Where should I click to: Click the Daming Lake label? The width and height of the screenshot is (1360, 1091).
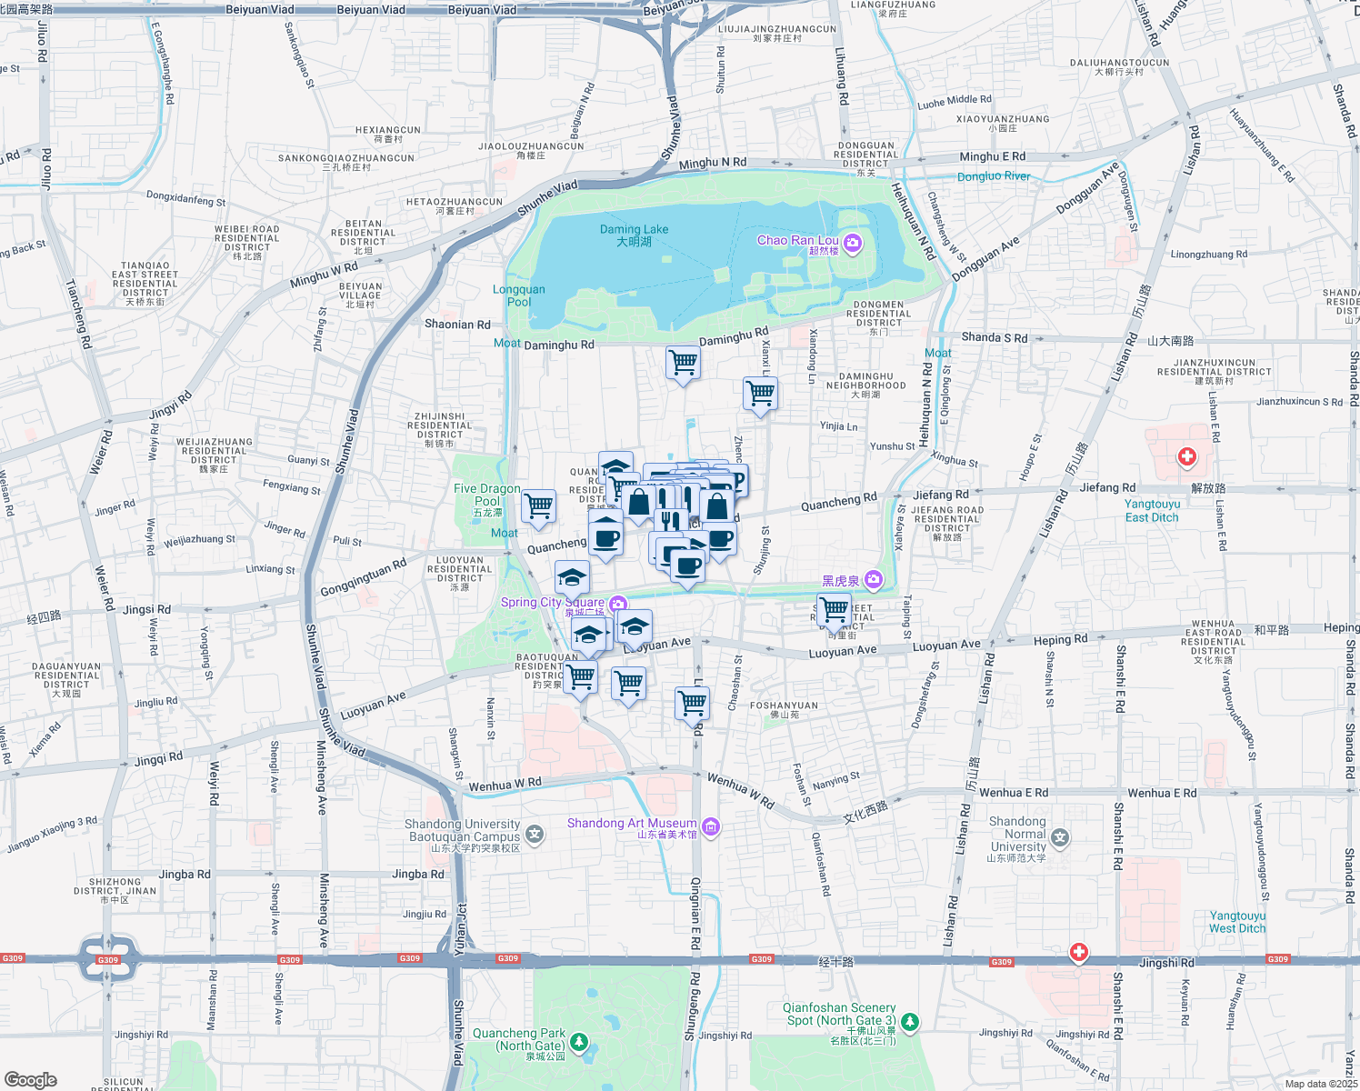pos(634,235)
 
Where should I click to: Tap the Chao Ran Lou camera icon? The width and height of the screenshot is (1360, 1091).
pos(852,242)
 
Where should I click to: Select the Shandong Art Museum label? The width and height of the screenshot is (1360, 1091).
pos(632,824)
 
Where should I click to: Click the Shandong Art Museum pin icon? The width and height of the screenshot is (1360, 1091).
pos(711,826)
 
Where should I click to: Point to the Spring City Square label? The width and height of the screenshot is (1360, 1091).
pos(552,602)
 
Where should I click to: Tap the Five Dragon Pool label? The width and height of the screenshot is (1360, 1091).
pos(487,495)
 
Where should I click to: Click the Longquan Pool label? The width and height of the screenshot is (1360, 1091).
pos(519,295)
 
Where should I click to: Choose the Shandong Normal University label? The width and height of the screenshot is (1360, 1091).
pos(1018,834)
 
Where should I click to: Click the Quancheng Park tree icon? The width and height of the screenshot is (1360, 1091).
pos(579,1041)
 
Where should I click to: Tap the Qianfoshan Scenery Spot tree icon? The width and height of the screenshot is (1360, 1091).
pos(909,1022)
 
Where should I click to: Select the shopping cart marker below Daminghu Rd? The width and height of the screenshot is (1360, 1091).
pos(683,363)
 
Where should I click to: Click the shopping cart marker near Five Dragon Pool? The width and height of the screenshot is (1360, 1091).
pos(538,505)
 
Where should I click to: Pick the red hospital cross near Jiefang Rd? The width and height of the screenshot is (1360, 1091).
pos(1186,455)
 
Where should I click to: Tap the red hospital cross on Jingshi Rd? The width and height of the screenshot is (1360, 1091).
pos(1078,952)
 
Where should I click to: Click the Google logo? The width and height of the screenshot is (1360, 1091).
pos(31,1079)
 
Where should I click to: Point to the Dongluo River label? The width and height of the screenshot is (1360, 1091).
pos(994,176)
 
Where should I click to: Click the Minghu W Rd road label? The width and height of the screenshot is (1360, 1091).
pos(324,274)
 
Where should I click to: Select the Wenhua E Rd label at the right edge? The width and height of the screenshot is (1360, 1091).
pos(1162,793)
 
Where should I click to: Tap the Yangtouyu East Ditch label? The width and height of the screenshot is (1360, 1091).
pos(1152,510)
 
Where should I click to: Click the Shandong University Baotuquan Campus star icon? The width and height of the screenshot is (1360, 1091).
pos(535,833)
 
